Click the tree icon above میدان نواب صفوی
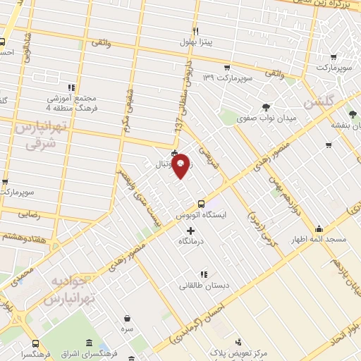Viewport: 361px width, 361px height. click(x=265, y=107)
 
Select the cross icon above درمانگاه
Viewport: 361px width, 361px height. click(x=190, y=231)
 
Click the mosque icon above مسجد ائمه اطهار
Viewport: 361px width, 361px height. click(x=319, y=229)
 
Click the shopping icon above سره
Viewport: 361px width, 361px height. click(x=127, y=318)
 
